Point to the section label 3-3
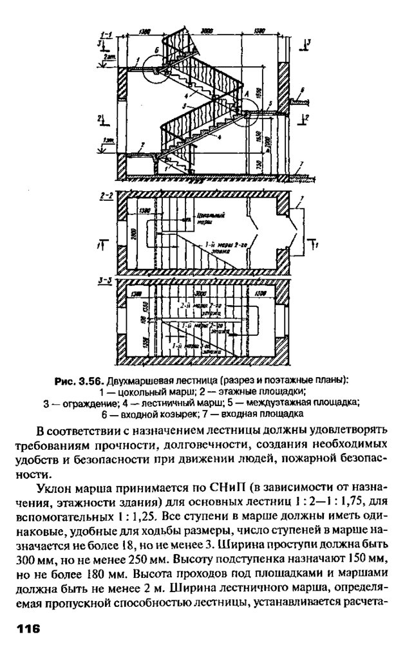106,281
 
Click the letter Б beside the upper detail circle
156,50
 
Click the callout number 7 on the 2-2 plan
301,199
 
